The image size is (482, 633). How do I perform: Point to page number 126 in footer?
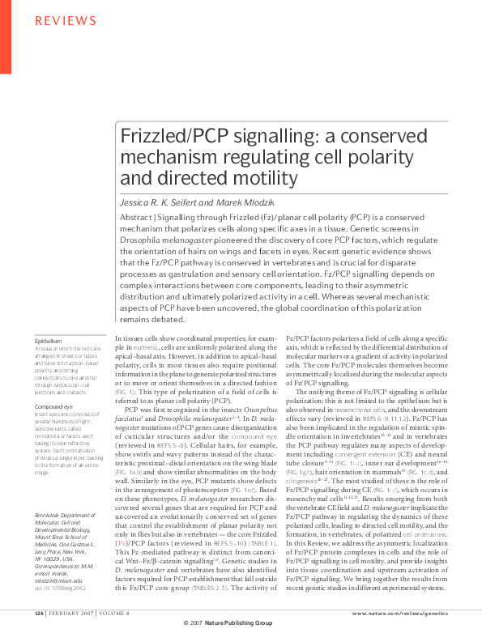38,614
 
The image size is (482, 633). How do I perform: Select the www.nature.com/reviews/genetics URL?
396,614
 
